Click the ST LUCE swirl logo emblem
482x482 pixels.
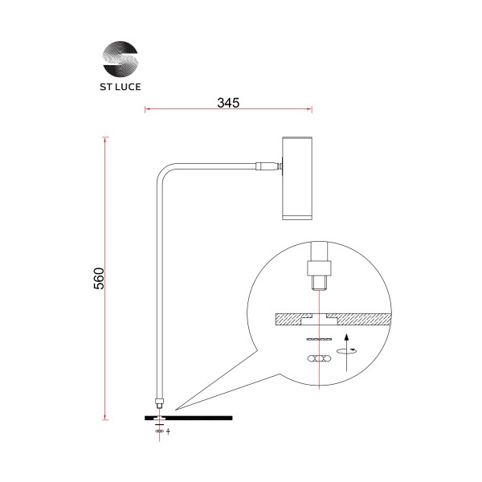pos(120,59)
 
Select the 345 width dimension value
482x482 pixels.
pos(229,104)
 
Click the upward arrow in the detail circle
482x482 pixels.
pos(346,354)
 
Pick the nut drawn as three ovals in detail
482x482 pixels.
pos(320,356)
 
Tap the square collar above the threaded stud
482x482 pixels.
pos(320,264)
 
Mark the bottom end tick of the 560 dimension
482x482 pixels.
pos(105,419)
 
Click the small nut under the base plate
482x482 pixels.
pos(159,431)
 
